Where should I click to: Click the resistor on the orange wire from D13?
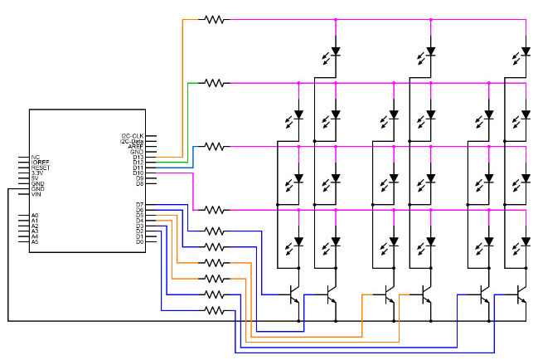coord(216,18)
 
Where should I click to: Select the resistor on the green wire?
coord(216,82)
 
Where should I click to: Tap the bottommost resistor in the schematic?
coord(215,310)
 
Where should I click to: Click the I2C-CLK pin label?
coord(133,135)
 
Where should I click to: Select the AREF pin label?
coord(136,146)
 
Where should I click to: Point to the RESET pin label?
coord(41,167)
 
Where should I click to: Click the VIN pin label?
coord(36,194)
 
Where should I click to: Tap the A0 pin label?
coord(35,215)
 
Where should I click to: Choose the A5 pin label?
coord(35,241)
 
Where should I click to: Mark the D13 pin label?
coord(138,157)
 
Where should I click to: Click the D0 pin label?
coord(140,241)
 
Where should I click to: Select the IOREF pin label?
coord(41,162)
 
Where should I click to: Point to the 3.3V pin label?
coord(38,173)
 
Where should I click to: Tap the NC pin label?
coord(35,156)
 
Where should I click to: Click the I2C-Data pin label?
coord(132,141)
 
